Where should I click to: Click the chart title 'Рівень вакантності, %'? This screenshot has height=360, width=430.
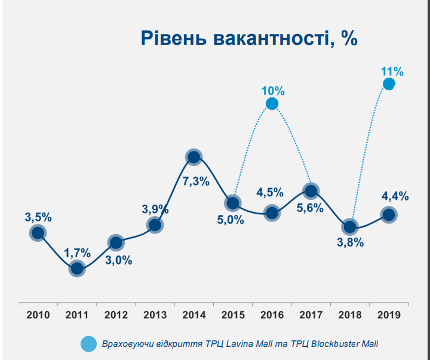coord(248,38)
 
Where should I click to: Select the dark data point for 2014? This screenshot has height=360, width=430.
coord(193,157)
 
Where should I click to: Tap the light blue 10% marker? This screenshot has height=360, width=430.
coord(272,104)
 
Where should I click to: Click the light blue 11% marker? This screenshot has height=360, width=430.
coord(389,84)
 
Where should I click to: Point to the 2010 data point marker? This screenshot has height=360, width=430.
coord(38,233)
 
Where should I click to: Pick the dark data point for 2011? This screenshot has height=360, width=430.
coord(76,269)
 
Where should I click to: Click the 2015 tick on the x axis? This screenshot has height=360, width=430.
coord(232,315)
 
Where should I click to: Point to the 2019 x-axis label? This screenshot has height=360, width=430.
coord(388,315)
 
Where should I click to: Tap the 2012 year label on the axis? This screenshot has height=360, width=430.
coord(116,315)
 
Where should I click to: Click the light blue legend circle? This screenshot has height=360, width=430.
coord(88,344)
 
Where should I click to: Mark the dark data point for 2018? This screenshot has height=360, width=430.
coord(349,227)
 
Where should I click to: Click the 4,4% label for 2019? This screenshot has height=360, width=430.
coord(394,196)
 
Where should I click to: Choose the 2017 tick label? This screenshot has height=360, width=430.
coord(310,315)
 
